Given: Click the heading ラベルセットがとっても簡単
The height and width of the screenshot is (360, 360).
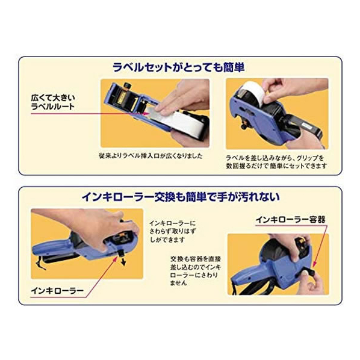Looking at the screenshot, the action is click(179, 67).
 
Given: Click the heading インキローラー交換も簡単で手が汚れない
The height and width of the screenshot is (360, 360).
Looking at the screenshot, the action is click(181, 197).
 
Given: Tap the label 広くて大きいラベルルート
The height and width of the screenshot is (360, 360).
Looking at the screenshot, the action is click(53, 102).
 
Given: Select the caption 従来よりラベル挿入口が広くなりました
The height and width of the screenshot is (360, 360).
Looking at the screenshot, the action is click(151, 156).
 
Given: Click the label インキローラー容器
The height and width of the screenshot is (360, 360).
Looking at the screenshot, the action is click(290, 220).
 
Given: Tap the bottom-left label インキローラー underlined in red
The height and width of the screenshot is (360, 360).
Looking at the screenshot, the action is click(57, 291).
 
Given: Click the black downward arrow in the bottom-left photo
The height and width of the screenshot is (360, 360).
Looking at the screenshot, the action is click(123, 261).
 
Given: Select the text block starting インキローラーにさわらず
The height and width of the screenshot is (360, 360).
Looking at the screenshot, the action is click(173, 231).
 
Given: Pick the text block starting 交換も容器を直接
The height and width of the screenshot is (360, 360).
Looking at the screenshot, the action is click(196, 271).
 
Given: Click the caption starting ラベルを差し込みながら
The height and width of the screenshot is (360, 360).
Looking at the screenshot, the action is click(276, 161).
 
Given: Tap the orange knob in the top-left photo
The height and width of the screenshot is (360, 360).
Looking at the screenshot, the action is click(127, 85).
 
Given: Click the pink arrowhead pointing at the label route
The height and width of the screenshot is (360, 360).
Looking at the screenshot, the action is click(145, 113).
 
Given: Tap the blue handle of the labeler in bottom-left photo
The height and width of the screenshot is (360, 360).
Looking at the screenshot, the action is click(52, 247).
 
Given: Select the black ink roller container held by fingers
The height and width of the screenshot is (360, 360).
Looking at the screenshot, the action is click(308, 273).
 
